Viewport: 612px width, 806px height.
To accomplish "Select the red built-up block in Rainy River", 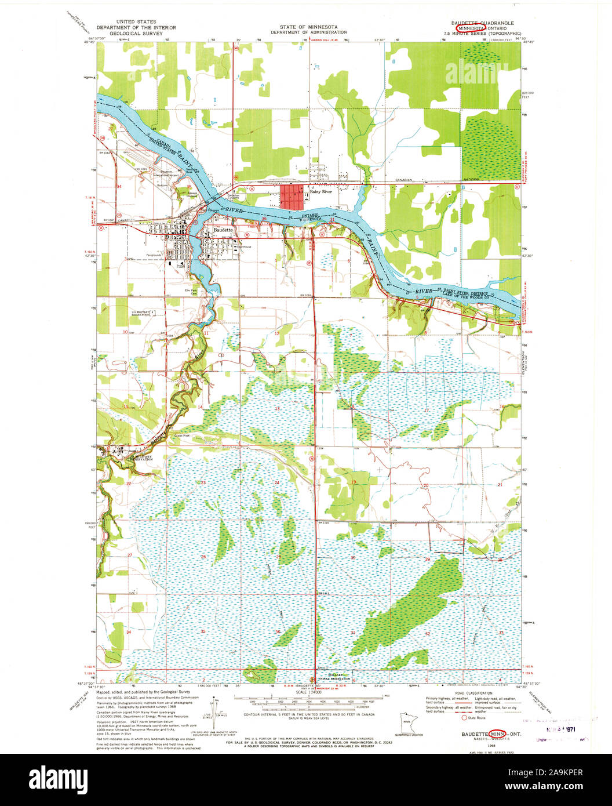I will pyautogui.click(x=293, y=197).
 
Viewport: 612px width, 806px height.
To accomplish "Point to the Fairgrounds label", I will pyautogui.click(x=154, y=255).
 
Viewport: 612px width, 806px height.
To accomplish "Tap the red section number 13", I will pyautogui.click(x=277, y=409).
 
